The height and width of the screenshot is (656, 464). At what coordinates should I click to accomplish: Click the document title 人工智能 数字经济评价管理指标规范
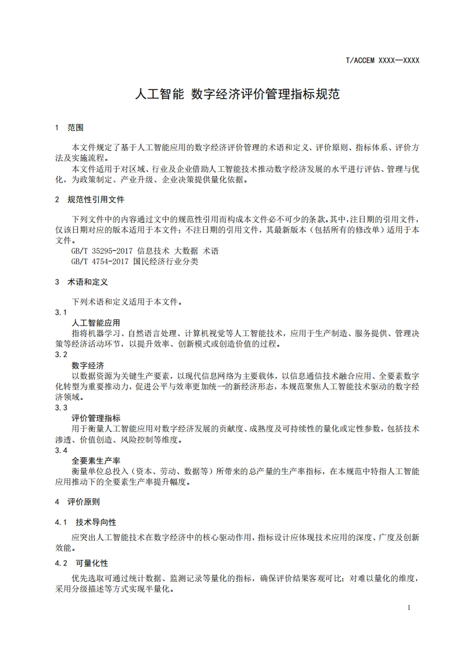237,94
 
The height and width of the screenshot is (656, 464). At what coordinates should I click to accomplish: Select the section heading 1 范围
69,127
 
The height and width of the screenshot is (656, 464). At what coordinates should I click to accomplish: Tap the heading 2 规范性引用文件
90,200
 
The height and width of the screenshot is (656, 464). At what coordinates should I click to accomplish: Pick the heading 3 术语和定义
81,282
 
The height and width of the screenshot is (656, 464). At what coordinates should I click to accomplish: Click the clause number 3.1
61,312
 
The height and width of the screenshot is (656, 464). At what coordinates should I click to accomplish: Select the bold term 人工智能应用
95,323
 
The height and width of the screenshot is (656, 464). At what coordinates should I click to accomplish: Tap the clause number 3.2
61,354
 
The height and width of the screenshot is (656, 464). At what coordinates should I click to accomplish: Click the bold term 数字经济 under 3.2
88,365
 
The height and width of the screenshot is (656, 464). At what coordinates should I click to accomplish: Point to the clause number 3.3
61,408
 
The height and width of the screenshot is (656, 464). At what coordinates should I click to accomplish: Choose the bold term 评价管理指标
96,418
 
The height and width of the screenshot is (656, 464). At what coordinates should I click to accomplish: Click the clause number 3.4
61,450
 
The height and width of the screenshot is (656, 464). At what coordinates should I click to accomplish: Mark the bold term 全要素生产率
96,461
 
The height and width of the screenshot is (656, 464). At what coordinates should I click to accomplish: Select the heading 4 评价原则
77,502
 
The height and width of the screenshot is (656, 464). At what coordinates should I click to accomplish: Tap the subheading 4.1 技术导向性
85,522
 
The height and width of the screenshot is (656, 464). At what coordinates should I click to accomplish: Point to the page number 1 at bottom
409,607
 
